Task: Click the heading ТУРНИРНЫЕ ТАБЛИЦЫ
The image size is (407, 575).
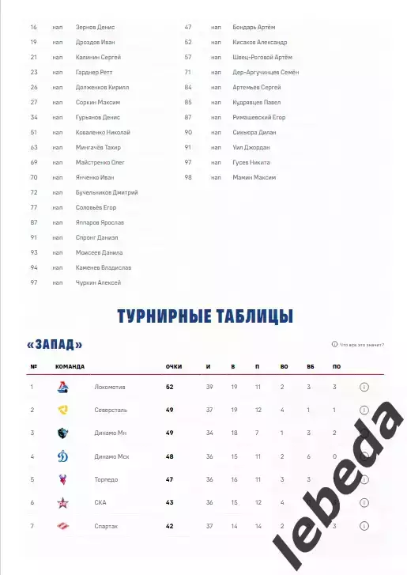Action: tap(204, 317)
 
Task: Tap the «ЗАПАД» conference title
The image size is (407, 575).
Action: tap(55, 345)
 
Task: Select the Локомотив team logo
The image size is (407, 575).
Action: tap(63, 388)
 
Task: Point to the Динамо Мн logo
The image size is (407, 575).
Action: tap(63, 433)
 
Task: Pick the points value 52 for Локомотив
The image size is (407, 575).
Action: tap(169, 388)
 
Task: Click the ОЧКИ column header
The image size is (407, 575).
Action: tap(174, 367)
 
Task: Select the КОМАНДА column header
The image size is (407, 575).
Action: tap(70, 367)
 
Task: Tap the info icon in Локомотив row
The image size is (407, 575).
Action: tap(364, 388)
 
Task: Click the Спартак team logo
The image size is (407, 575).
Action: tap(63, 526)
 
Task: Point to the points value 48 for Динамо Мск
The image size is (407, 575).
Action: tap(169, 456)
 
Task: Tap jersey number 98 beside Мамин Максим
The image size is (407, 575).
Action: tap(188, 177)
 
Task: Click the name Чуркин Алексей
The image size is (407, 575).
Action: tap(98, 282)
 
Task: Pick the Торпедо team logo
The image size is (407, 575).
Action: tap(63, 479)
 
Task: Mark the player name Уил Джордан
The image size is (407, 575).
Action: tap(252, 147)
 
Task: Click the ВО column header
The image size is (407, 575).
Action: tap(285, 367)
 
